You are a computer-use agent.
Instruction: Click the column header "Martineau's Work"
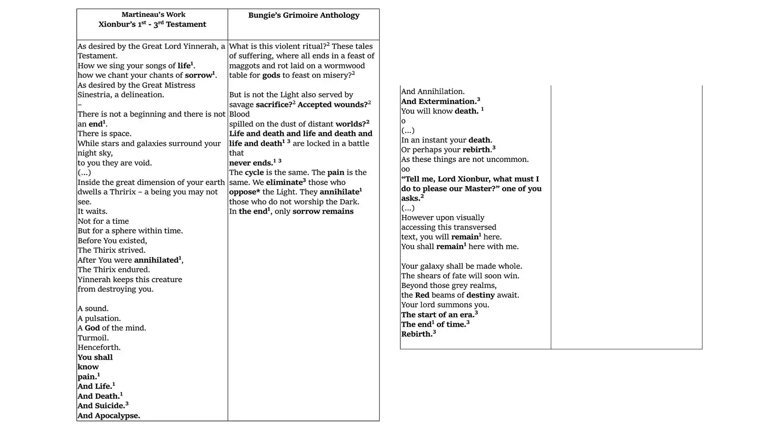tap(153, 14)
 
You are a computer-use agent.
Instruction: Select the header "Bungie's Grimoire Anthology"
tap(303, 15)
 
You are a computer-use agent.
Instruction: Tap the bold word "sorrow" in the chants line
tap(199, 75)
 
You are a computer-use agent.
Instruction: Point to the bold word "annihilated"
tap(156, 260)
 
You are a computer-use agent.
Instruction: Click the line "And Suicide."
tap(101, 406)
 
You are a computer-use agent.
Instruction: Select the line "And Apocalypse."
tap(109, 416)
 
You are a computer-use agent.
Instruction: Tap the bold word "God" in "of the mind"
tap(92, 328)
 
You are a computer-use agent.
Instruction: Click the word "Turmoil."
tap(93, 338)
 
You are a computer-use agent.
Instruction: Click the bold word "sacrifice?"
tap(274, 105)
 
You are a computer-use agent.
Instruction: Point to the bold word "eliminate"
tap(284, 183)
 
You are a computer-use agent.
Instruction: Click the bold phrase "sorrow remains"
tap(323, 212)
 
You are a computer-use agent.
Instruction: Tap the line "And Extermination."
tap(439, 101)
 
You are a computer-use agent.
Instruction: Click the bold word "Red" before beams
tap(422, 295)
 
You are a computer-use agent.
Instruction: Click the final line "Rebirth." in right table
tap(416, 334)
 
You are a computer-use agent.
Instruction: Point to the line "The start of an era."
tap(437, 315)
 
